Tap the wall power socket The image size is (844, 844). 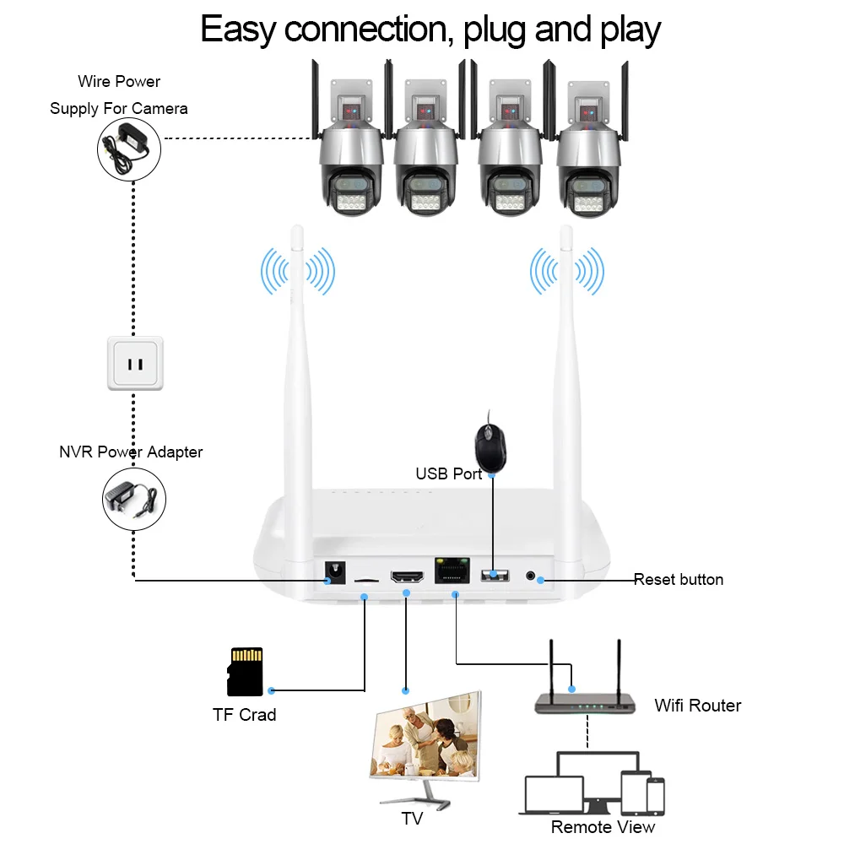coord(135,364)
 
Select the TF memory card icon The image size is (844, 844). coord(245,672)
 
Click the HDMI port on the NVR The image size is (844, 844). coord(406,577)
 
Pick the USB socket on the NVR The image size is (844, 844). coord(495,576)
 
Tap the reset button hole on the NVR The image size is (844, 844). coord(531,576)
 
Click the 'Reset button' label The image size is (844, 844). coord(679,580)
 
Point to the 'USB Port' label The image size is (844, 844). coord(448,474)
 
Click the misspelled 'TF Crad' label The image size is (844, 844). coord(244,715)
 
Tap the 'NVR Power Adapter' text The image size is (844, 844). coord(131,452)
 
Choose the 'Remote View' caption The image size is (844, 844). coord(603,827)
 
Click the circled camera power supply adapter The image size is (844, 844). coord(128,146)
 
